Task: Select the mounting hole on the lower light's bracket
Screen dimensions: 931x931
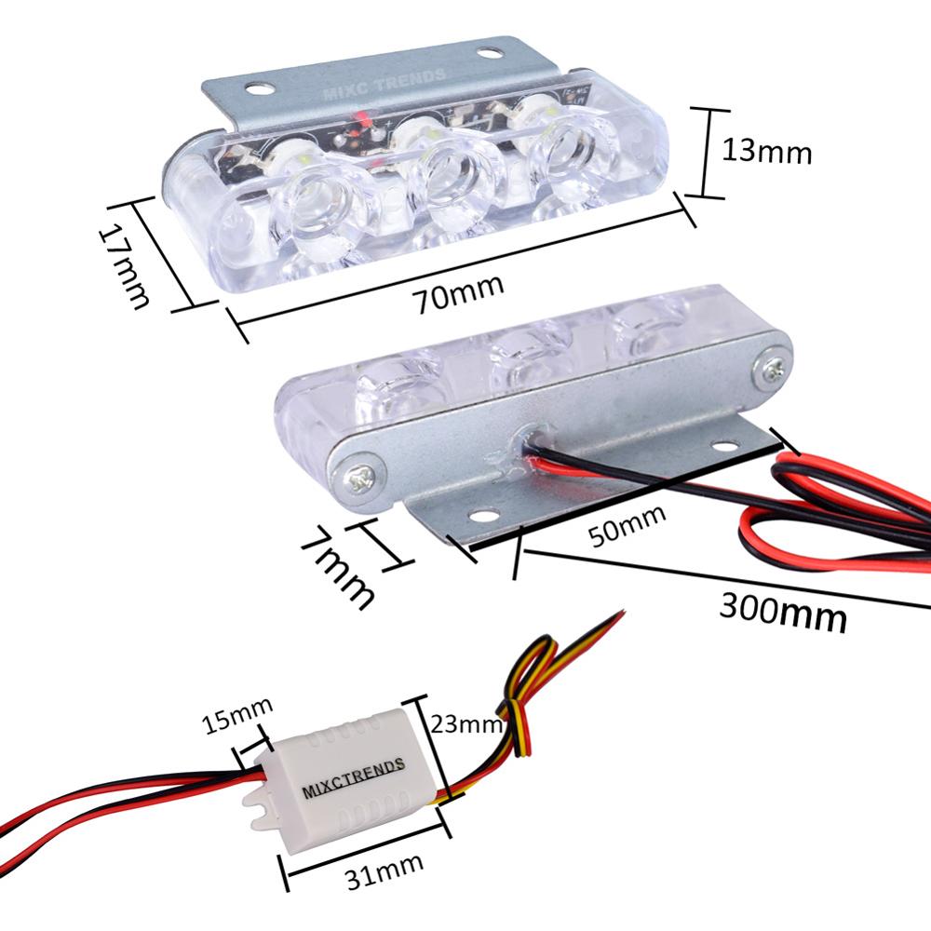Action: pyautogui.click(x=480, y=514)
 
